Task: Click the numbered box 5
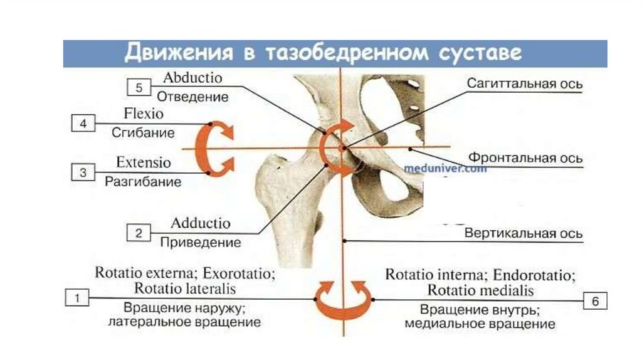(139, 88)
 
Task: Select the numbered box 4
(83, 124)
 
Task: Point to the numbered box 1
(77, 298)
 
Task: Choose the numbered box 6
(596, 301)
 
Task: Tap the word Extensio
(143, 162)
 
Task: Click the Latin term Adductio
(201, 224)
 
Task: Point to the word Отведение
(192, 97)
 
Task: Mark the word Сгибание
(143, 133)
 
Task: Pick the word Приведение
(201, 242)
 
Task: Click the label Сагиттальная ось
(525, 84)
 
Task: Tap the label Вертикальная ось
(524, 233)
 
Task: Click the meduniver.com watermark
(445, 168)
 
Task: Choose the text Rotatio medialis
(480, 290)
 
